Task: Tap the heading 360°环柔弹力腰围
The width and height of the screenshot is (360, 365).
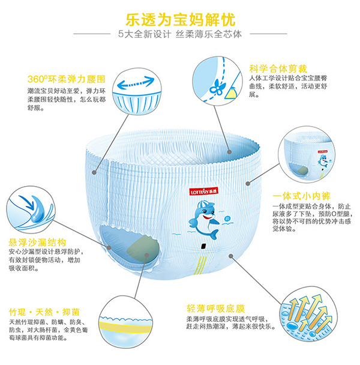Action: click(x=67, y=79)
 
